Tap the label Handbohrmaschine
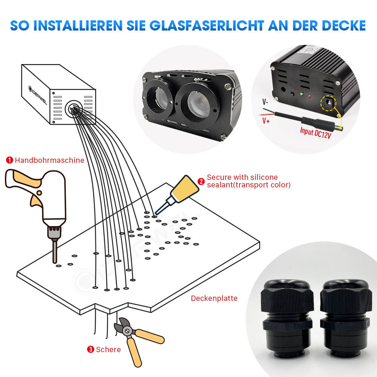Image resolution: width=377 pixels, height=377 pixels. [x=49, y=160]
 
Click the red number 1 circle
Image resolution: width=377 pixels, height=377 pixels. [x=9, y=160]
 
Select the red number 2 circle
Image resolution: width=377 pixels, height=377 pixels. [x=201, y=181]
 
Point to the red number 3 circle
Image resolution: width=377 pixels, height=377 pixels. [x=90, y=349]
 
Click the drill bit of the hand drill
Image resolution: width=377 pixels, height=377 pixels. [x=55, y=252]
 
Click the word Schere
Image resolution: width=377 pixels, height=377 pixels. [x=109, y=349]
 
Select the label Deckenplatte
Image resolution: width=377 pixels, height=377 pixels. [x=214, y=298]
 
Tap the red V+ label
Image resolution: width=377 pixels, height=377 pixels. [x=265, y=120]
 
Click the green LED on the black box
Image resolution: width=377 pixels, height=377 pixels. [x=301, y=94]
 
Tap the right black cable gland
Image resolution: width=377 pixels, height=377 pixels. [x=345, y=316]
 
